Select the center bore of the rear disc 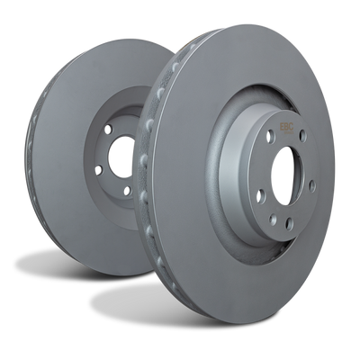(120, 158)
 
